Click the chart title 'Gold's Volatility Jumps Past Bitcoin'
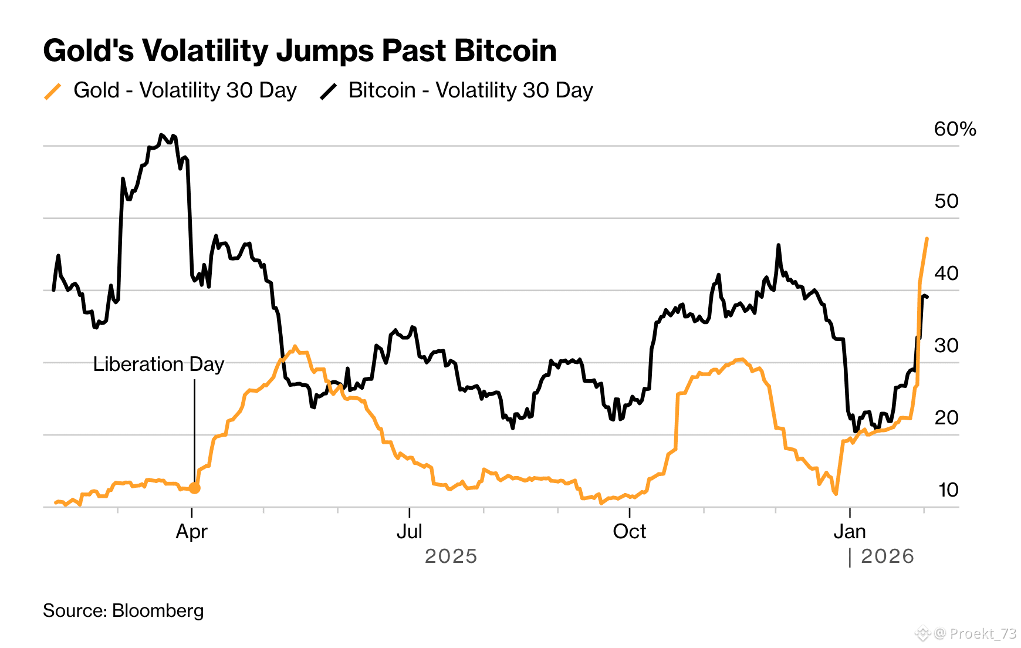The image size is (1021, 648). click(x=300, y=50)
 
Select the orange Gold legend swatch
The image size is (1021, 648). click(x=53, y=92)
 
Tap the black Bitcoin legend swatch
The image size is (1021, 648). click(x=329, y=92)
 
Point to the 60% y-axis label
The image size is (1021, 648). click(x=955, y=129)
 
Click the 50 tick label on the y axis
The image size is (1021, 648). click(x=946, y=201)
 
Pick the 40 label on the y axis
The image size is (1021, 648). click(x=946, y=274)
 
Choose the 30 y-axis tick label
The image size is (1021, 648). click(x=946, y=346)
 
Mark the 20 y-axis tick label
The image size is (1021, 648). click(x=946, y=418)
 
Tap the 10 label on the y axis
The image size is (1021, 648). click(x=948, y=490)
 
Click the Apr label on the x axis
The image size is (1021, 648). click(x=192, y=532)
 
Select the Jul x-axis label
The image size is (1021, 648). click(x=409, y=532)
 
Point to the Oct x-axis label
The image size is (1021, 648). click(x=629, y=532)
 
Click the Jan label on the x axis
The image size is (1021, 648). click(x=850, y=532)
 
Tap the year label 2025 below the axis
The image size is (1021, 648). click(x=451, y=556)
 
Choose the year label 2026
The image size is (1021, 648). click(x=887, y=556)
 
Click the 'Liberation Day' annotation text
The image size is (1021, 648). click(x=158, y=365)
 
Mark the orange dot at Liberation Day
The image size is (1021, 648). click(x=195, y=488)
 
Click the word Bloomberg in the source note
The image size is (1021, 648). click(x=158, y=611)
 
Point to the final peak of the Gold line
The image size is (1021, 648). click(x=927, y=239)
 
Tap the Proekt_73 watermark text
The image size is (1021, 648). click(x=983, y=633)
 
